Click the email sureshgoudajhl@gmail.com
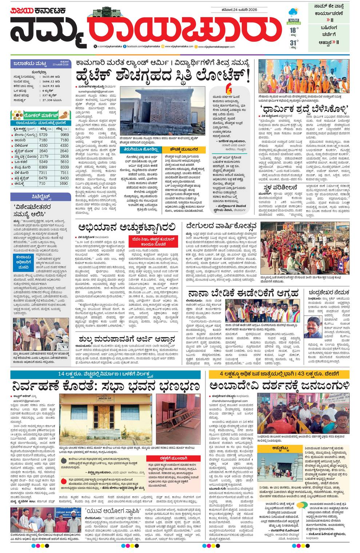coord(96,92)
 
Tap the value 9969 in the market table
coord(64,135)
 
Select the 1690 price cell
coord(64,184)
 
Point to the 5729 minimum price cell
coord(43,135)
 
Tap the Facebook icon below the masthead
coord(125,47)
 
